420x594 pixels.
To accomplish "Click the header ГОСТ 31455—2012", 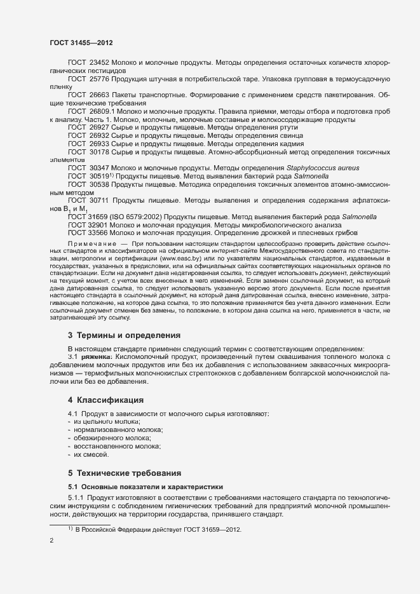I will click(x=81, y=43).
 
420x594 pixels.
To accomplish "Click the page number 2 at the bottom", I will click(x=51, y=540).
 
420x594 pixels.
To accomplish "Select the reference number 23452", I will click(x=100, y=63).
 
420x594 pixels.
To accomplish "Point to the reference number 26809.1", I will click(x=103, y=111).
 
